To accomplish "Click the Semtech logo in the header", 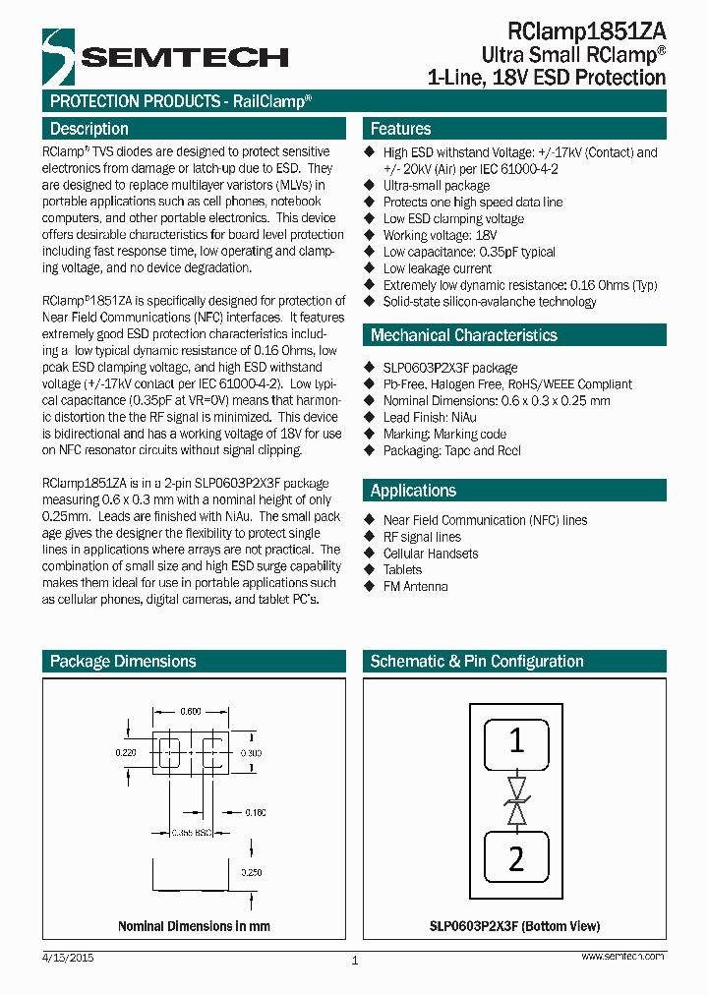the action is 164,57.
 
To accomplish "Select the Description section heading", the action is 89,129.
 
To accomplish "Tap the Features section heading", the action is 400,129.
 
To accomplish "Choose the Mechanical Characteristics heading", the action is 463,335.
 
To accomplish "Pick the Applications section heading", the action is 413,491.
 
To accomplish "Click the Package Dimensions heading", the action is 123,662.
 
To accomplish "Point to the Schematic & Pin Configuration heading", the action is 476,662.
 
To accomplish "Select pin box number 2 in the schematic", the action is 516,858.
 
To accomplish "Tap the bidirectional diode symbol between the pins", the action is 516,800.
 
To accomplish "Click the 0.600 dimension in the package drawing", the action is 191,712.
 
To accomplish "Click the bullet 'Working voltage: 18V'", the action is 440,236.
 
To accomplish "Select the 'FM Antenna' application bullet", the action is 415,586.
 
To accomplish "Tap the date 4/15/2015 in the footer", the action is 68,957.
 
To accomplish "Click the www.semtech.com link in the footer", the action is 622,957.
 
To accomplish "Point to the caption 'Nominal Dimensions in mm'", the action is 194,926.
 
